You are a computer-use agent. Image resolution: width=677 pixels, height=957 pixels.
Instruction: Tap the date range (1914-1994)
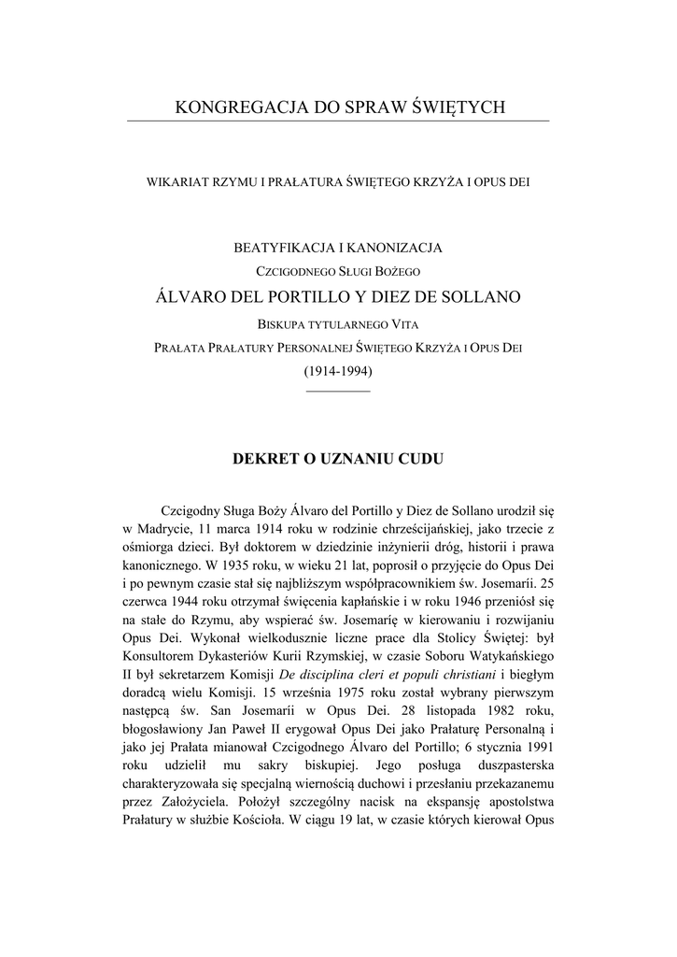(x=338, y=371)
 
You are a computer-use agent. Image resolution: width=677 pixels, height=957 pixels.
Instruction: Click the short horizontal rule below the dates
(x=338, y=389)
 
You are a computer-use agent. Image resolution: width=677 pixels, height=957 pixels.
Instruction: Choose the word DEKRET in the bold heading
(x=262, y=460)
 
